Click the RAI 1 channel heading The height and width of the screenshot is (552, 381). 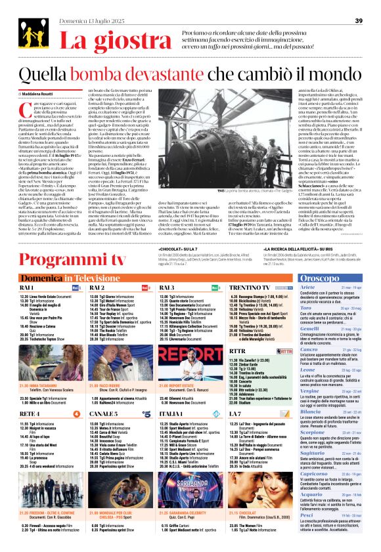(x=27, y=288)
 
